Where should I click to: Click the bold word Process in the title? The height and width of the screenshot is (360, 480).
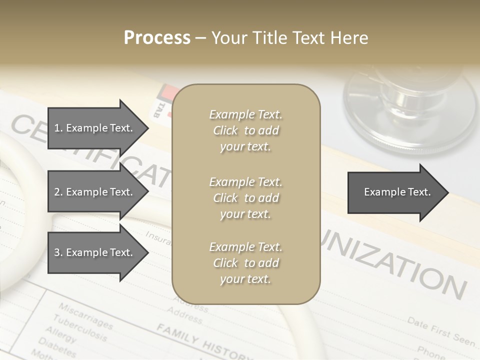157,38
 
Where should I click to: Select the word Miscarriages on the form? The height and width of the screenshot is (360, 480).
85,315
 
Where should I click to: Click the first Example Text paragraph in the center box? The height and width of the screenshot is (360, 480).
245,130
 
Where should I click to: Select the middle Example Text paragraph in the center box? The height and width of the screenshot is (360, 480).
245,198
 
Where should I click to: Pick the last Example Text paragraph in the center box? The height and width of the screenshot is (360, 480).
245,263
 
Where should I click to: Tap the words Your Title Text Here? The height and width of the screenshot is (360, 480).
289,38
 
